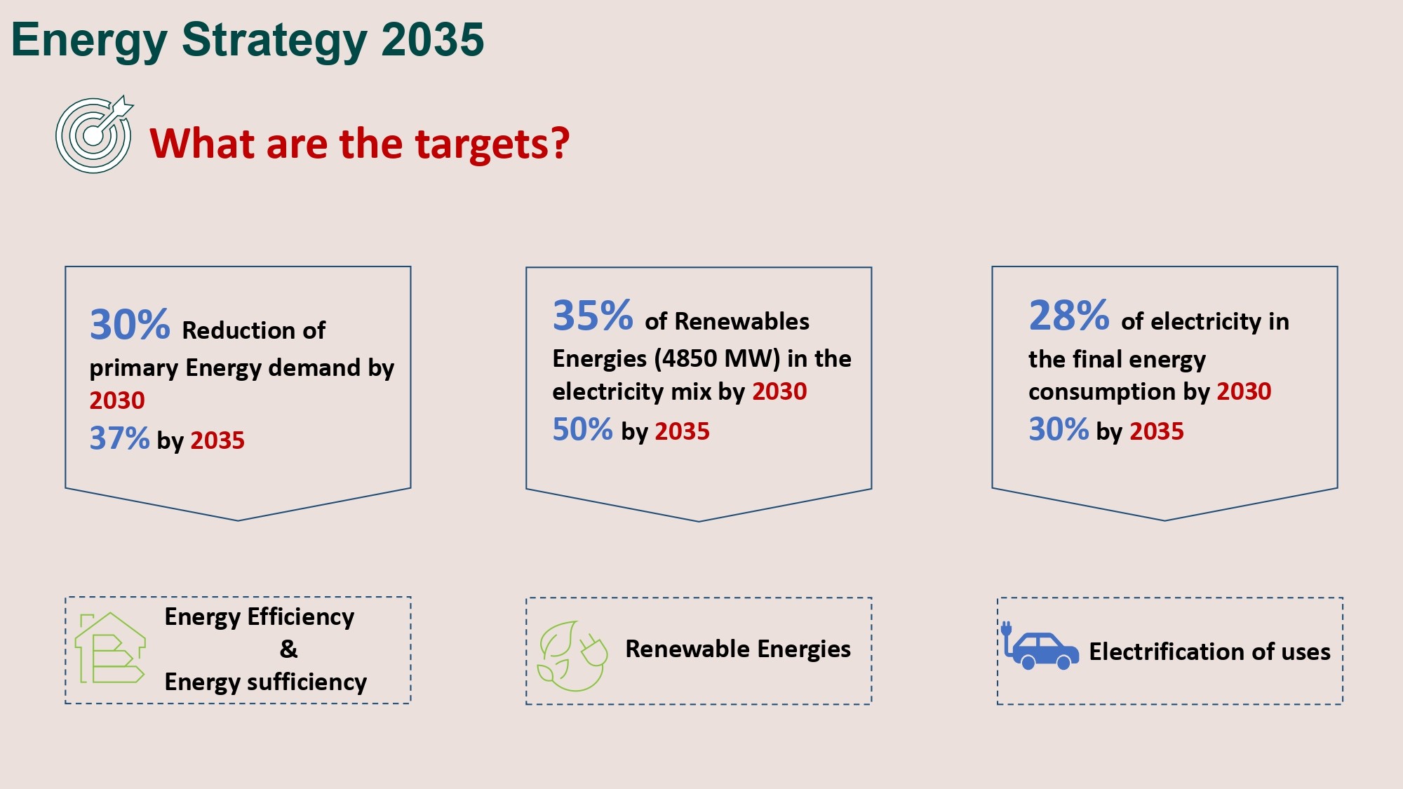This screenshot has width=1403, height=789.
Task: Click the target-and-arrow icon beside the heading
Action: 94,134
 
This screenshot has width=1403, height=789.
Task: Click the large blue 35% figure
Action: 593,316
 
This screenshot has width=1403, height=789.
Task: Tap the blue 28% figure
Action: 1069,316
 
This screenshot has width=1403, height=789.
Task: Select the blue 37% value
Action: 119,438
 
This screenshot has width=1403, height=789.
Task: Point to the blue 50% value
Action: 582,429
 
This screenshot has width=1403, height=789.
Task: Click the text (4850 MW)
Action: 717,359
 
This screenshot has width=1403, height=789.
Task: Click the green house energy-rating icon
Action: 110,648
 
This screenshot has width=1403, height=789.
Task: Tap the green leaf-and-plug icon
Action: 572,656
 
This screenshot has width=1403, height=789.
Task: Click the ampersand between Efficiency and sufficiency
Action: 288,649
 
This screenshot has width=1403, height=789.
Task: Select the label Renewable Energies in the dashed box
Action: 738,649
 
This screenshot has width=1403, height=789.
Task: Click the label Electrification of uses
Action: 1209,652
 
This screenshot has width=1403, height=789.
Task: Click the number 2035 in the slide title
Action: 432,39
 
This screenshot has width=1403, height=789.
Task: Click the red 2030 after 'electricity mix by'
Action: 779,391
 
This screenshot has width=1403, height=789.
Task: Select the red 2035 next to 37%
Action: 217,440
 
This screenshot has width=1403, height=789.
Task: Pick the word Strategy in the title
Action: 274,41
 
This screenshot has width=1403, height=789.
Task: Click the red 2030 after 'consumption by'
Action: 1244,391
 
